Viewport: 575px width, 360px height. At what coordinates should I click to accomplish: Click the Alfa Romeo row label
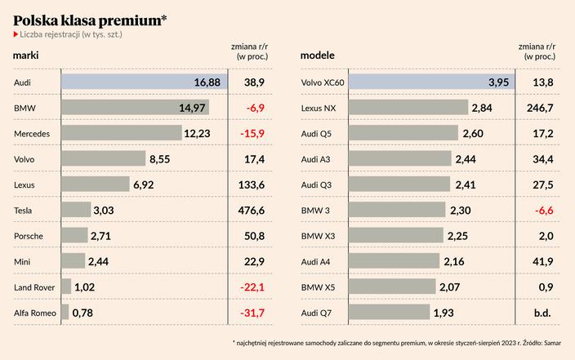[x=34, y=312]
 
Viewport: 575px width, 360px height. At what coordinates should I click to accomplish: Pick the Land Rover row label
[x=34, y=287]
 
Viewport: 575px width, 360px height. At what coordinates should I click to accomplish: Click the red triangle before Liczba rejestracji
[x=16, y=34]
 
